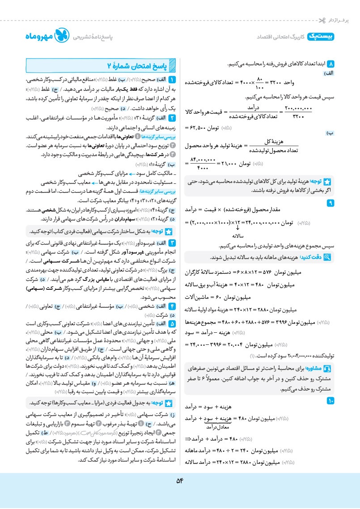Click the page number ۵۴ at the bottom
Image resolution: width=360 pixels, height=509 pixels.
click(180, 481)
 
